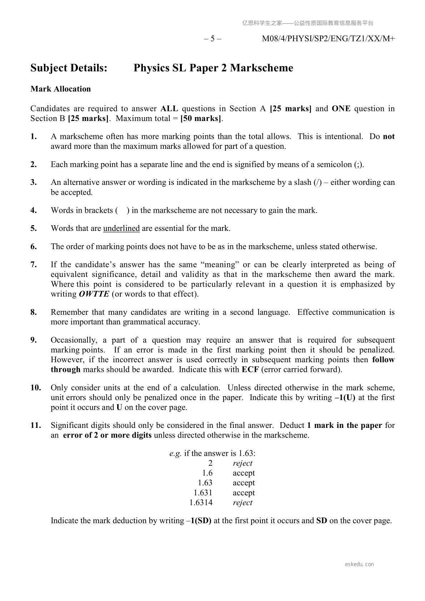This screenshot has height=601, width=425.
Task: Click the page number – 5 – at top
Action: (x=213, y=39)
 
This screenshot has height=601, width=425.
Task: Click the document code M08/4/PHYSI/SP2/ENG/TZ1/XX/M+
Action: (x=328, y=39)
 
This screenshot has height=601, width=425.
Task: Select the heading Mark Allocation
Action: (x=61, y=89)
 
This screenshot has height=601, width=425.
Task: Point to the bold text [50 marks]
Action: (x=201, y=118)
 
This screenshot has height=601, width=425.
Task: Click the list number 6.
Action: (x=34, y=246)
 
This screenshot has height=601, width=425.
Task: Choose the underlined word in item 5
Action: (x=121, y=228)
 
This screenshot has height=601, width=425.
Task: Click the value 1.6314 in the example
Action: (x=201, y=502)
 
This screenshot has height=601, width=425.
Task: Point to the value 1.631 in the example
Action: (x=203, y=493)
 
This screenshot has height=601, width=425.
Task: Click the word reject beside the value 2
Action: (x=242, y=463)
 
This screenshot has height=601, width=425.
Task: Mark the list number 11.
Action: (x=35, y=425)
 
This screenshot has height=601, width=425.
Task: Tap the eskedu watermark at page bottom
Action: (x=359, y=564)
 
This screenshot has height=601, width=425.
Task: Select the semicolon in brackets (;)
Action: (x=359, y=165)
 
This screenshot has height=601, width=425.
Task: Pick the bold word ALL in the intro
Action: (x=169, y=108)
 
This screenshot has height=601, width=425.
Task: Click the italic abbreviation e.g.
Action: (x=175, y=453)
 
